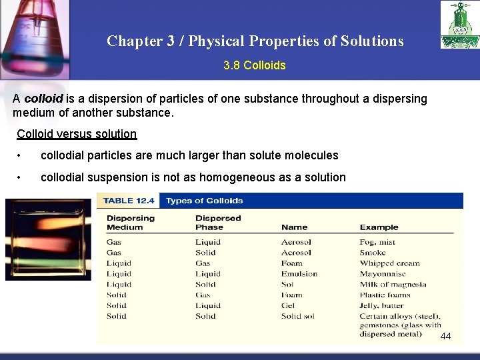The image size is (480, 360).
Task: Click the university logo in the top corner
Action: pos(459,25)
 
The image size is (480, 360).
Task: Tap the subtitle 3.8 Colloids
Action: pos(255,65)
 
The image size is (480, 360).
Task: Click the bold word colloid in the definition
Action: pos(43,99)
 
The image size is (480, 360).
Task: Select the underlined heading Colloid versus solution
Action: pos(77,134)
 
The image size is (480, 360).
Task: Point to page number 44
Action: pos(445,336)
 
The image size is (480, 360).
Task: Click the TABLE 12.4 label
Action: pos(129,201)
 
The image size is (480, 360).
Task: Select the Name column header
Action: pos(294,227)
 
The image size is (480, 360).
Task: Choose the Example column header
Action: pos(379,227)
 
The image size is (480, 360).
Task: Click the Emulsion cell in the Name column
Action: pos(299,274)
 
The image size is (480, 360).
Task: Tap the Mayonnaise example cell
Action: pos(383,274)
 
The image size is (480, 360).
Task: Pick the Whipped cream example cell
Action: pos(389,263)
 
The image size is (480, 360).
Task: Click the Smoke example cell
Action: pos(373,253)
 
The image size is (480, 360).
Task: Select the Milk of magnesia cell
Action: pos(393,285)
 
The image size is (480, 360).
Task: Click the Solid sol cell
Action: pos(297,317)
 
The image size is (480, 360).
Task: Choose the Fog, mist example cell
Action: pos(377,242)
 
